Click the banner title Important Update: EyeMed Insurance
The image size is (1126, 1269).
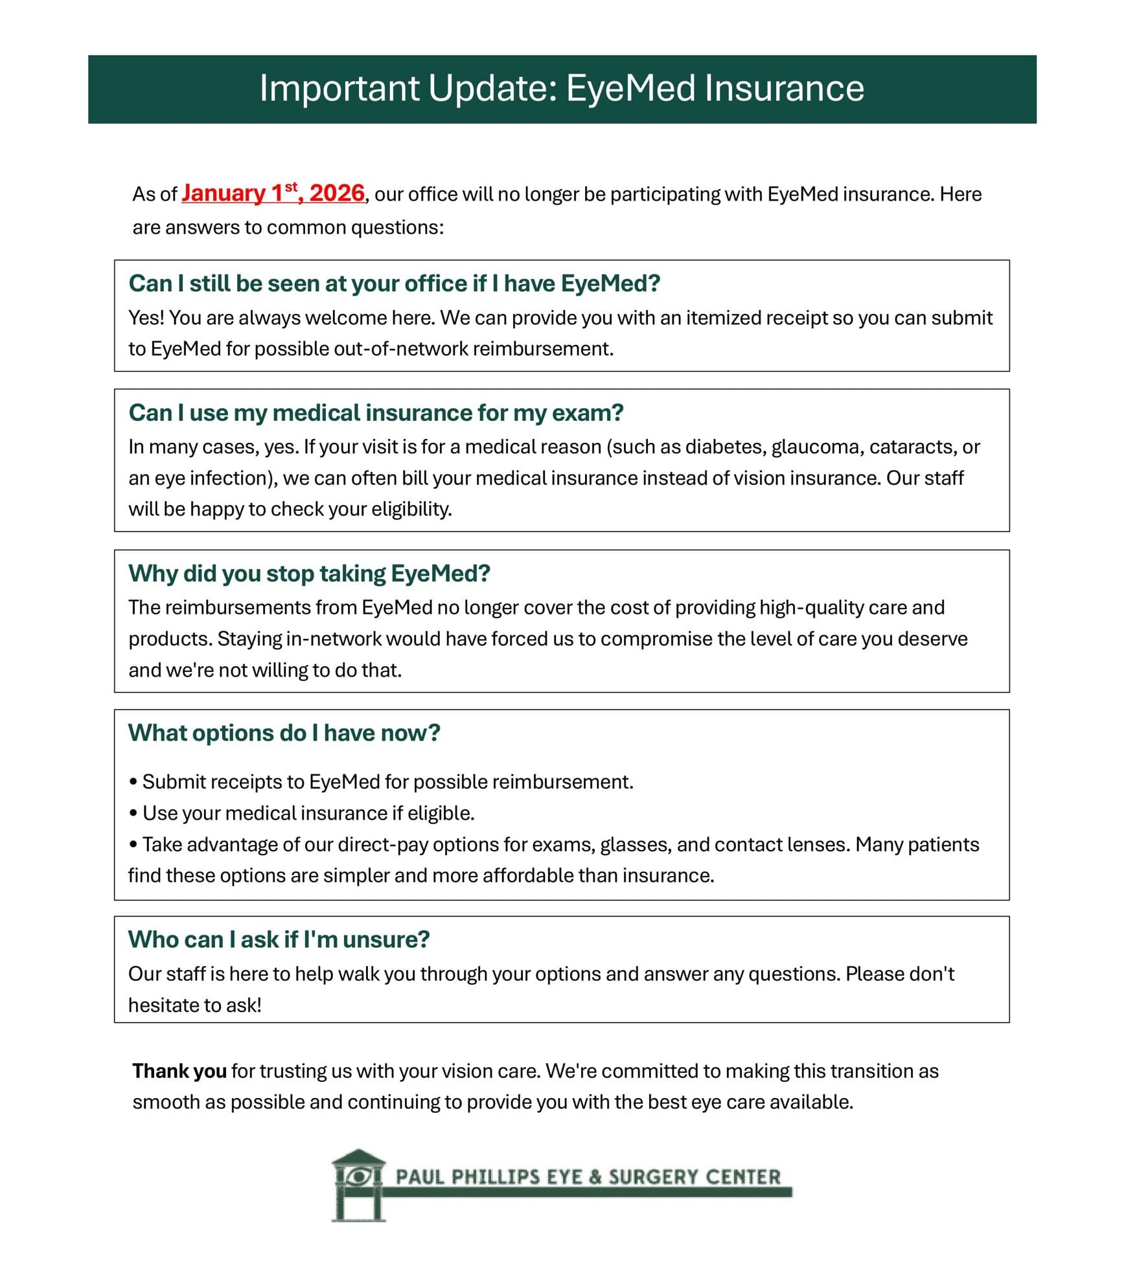coord(562,88)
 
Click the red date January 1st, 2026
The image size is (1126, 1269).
coord(273,194)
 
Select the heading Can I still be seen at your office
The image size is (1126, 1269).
coord(394,284)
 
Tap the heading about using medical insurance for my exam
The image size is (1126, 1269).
coord(376,413)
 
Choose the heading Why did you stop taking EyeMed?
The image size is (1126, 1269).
coord(309,574)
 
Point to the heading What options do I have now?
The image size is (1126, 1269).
coord(284,733)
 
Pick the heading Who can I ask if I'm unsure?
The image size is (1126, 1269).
coord(279,939)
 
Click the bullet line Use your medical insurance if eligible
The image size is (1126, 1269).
coord(308,813)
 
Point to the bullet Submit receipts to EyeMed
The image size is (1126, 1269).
coord(387,782)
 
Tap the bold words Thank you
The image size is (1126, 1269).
coord(179,1072)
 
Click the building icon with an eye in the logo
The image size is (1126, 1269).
coord(358,1184)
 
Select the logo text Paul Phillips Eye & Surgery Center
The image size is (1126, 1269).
coord(588,1177)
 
